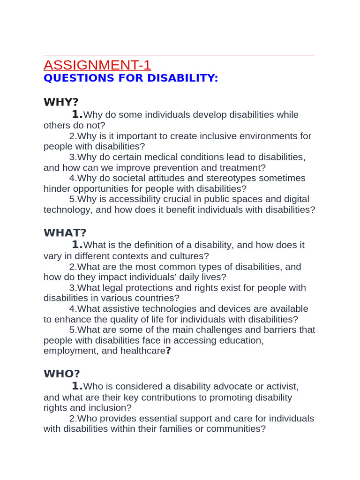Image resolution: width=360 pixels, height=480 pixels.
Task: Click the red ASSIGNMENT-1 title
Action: coord(97,65)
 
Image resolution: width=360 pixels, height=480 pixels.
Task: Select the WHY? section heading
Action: coord(61,102)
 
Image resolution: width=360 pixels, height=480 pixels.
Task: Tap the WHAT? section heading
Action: coord(65,232)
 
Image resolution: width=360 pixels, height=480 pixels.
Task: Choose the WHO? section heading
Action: coord(62,374)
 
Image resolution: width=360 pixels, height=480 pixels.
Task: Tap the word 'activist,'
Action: coord(280,387)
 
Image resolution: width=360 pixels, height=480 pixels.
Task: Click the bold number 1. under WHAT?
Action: coord(77,244)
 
